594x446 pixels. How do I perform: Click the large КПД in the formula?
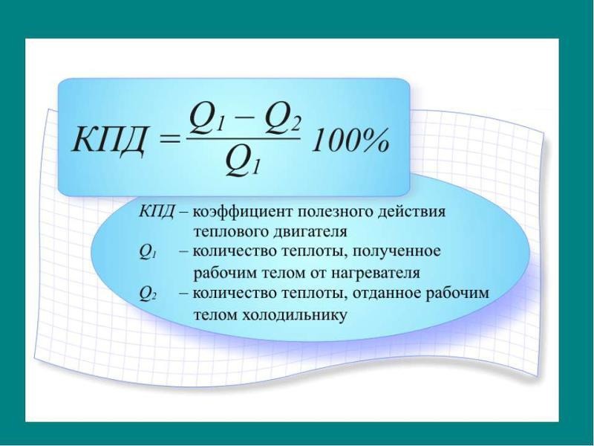tap(108, 141)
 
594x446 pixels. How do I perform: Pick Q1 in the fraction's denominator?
tap(243, 162)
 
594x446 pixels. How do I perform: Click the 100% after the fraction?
tap(350, 140)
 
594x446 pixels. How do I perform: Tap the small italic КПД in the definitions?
tap(156, 211)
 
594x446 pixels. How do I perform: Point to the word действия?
tap(412, 212)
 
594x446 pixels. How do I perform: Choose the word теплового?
tap(230, 232)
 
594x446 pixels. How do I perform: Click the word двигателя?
tap(310, 232)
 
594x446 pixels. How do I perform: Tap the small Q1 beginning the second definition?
tap(146, 253)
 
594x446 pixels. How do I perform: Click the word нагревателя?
tap(376, 273)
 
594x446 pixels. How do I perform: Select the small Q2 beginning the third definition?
tap(146, 294)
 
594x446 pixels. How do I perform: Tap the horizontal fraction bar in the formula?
tap(243, 138)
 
